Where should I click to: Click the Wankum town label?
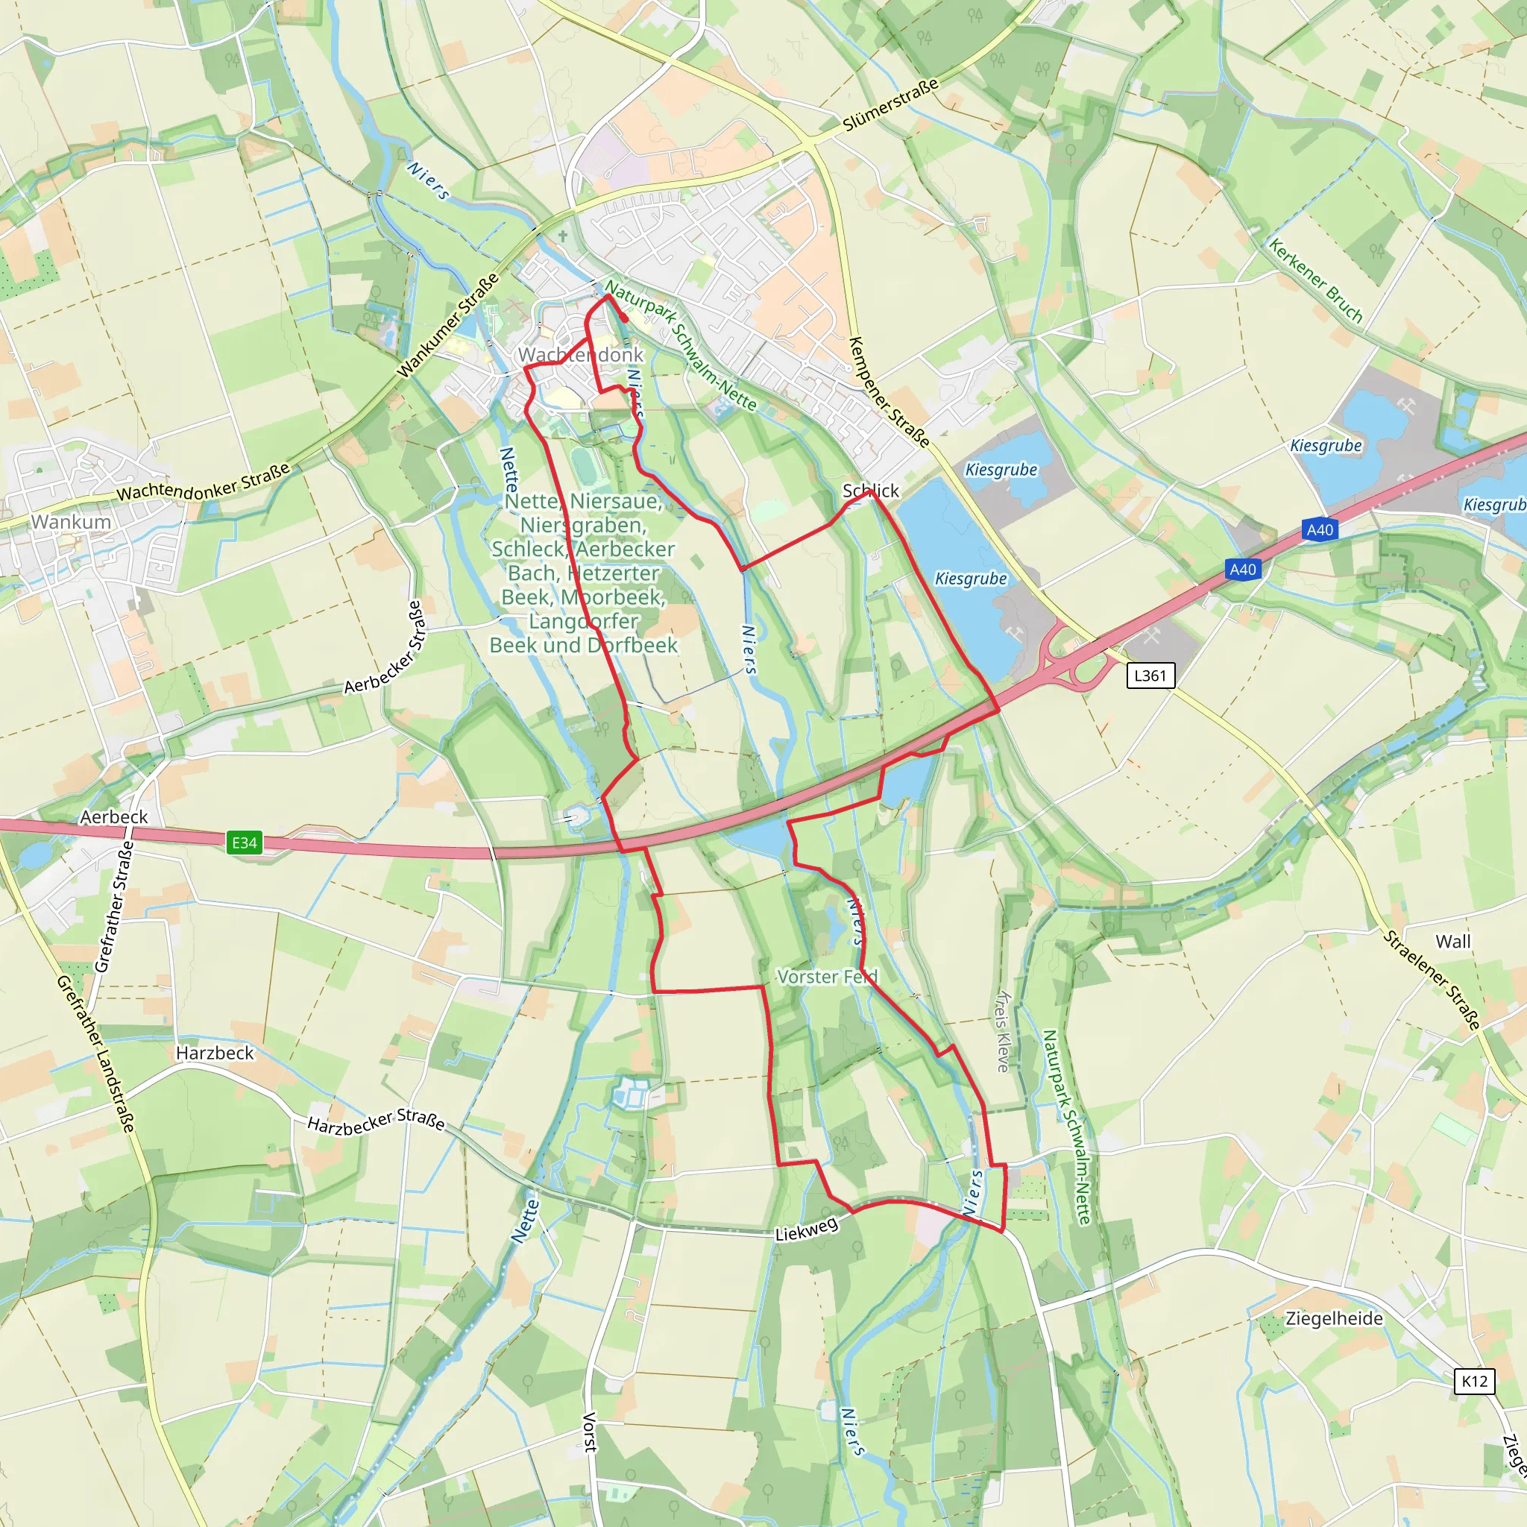point(71,522)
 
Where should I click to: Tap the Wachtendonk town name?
point(581,355)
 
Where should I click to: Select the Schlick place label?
point(870,491)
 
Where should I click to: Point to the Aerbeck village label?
point(114,816)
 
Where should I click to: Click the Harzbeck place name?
point(215,1053)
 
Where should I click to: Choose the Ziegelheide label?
point(1334,1318)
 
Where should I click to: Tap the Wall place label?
point(1452,942)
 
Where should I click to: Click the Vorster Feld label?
point(827,977)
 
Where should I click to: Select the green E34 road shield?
point(245,843)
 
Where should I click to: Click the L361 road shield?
point(1150,675)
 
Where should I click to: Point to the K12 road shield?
point(1474,1381)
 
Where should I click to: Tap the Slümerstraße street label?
point(891,105)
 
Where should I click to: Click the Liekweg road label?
point(806,1229)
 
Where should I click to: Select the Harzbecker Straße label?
point(376,1122)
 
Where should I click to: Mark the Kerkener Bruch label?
point(1316,281)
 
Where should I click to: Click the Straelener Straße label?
point(1432,980)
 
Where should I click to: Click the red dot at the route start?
point(624,318)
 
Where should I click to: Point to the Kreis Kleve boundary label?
point(1003,1030)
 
